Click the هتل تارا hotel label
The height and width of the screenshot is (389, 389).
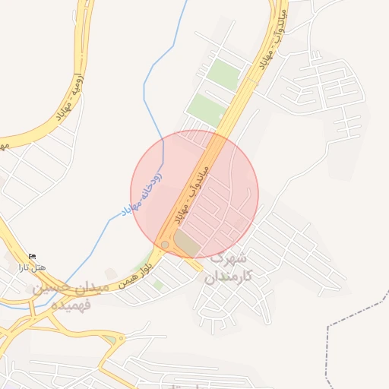(x=33, y=268)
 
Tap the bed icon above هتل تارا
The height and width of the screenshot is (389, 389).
(x=31, y=258)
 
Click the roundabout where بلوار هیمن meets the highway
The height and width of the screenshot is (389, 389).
(x=165, y=245)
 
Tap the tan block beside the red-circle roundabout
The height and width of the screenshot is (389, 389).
(x=187, y=244)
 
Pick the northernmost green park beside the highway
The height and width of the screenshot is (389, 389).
(x=223, y=74)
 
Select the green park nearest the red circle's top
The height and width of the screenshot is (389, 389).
(x=206, y=109)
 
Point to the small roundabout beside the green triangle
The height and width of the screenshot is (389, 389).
(x=121, y=338)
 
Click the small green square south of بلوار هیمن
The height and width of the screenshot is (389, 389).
(x=157, y=284)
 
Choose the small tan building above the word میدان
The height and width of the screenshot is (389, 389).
(x=111, y=273)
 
